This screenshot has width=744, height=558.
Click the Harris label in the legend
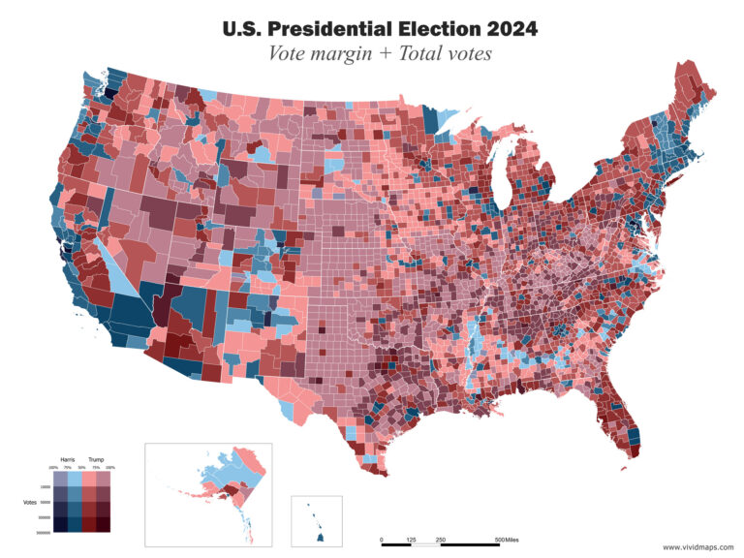(68, 460)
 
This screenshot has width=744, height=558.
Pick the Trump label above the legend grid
(96, 460)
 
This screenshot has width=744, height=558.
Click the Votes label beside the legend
(30, 502)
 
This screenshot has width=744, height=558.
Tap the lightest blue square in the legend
(75, 479)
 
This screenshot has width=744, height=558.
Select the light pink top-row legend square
(89, 479)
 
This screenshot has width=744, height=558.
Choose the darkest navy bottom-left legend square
(60, 524)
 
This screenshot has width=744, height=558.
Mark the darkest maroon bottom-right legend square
(103, 524)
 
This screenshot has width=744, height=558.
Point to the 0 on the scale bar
(381, 540)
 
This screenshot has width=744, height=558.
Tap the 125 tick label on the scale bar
(411, 540)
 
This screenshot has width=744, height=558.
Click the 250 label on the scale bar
(441, 540)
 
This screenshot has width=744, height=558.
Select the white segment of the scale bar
(425, 544)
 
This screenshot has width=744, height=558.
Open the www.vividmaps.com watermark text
(697, 546)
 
